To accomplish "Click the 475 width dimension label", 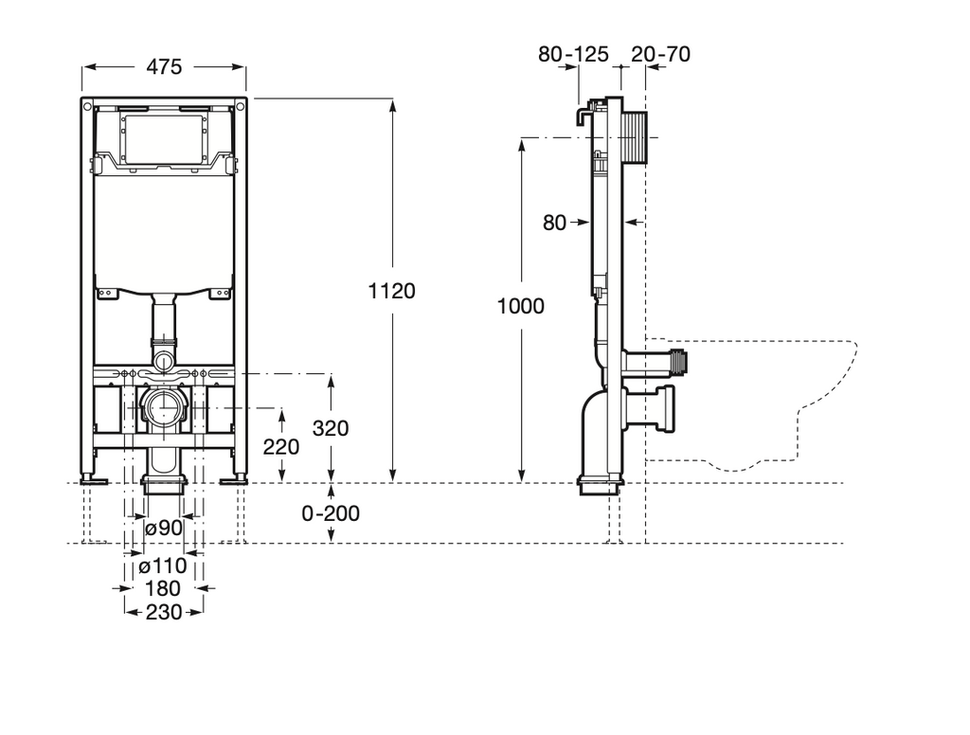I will coord(165,67).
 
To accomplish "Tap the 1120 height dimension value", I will coord(392,291).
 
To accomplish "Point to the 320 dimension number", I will coord(331,428).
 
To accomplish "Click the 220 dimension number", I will coord(281,446).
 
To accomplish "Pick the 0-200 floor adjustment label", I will coord(331,513).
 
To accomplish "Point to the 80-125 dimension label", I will coord(573,54).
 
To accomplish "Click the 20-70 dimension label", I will coord(660,54).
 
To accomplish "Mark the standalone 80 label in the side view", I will coord(554,224).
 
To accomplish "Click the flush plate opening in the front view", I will coord(164,138).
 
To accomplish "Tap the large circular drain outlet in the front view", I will coord(163,409).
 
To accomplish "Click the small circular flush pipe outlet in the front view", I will coord(164,360).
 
